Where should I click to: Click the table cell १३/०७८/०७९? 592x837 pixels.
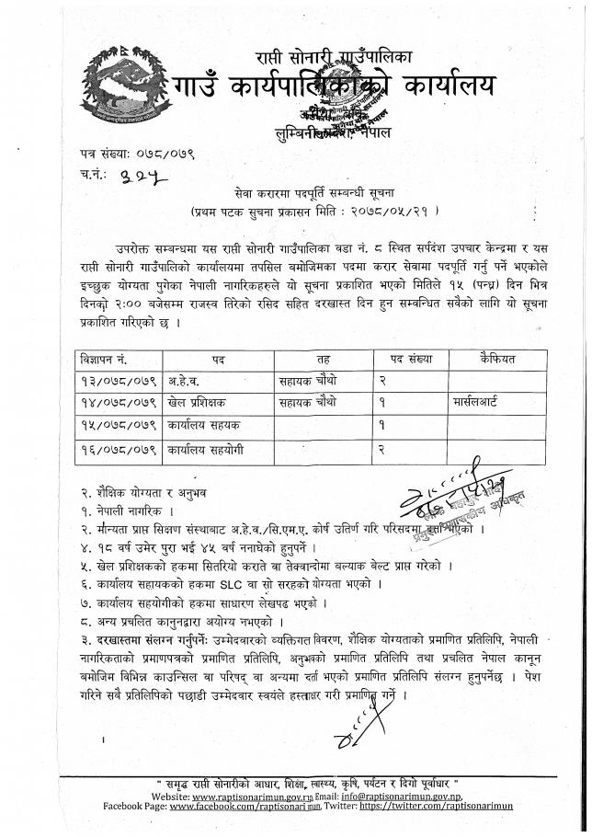[x=115, y=380]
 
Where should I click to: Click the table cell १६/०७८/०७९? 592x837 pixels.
[x=115, y=450]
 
